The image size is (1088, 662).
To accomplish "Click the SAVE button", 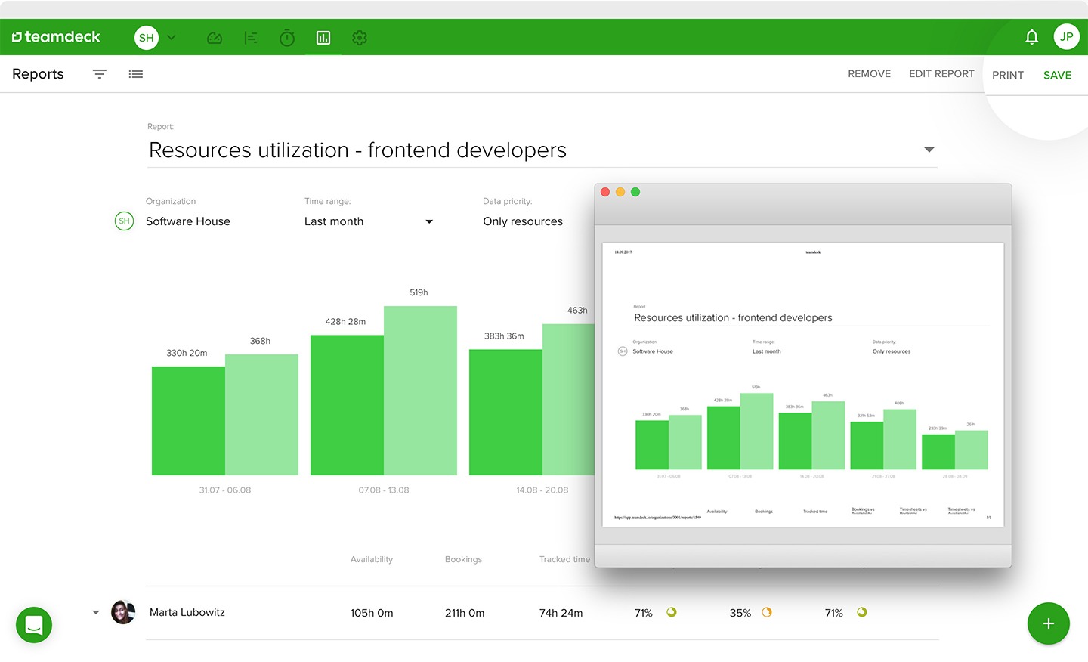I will click(1057, 75).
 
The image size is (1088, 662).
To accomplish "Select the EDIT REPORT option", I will click(941, 73).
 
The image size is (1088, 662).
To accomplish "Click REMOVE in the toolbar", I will click(869, 73).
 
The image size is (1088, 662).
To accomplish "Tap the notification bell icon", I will click(1031, 37).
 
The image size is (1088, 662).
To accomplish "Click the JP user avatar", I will click(1066, 36).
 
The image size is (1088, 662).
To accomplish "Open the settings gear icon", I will click(360, 38).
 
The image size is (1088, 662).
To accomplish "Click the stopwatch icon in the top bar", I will click(287, 38).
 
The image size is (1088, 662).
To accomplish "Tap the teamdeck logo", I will click(56, 37).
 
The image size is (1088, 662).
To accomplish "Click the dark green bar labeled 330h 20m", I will click(188, 420).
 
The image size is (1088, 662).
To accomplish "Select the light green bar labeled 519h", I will click(420, 390).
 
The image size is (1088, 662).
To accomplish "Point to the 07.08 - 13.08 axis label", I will click(384, 490).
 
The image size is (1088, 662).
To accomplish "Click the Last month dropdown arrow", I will click(429, 221).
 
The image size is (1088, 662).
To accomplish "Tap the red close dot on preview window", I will click(605, 192).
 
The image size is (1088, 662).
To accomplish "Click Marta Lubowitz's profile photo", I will click(123, 612).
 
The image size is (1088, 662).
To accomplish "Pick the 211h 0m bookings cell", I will click(465, 613).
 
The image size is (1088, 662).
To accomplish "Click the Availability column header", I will click(372, 559).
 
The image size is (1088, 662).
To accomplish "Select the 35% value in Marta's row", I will click(740, 613).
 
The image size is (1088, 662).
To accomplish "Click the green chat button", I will click(34, 625).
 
